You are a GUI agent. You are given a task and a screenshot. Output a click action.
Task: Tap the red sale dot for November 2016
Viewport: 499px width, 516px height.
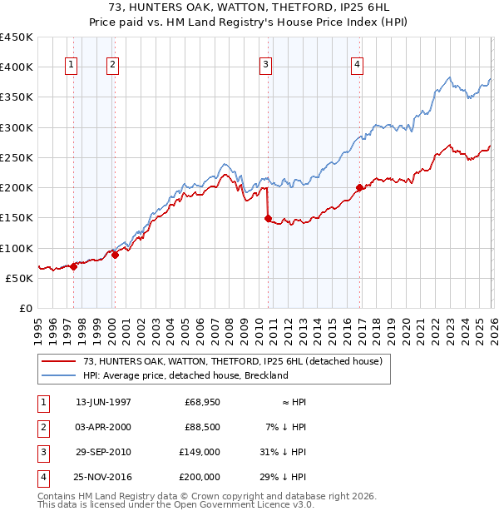point(359,188)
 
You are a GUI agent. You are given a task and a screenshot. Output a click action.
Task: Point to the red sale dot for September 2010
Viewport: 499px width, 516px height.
point(269,219)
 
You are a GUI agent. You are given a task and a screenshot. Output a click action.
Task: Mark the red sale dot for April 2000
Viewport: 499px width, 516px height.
point(115,256)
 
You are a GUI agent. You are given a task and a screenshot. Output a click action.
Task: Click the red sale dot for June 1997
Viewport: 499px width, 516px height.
point(74,267)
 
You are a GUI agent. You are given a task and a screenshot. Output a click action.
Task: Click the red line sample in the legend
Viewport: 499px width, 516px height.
point(59,362)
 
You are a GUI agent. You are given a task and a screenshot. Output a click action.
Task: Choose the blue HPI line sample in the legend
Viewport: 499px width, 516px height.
point(59,375)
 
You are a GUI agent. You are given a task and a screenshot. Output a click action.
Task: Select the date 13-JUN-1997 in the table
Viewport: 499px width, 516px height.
point(103,402)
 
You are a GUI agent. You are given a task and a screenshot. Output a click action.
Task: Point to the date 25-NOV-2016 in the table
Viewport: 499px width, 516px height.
point(103,477)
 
